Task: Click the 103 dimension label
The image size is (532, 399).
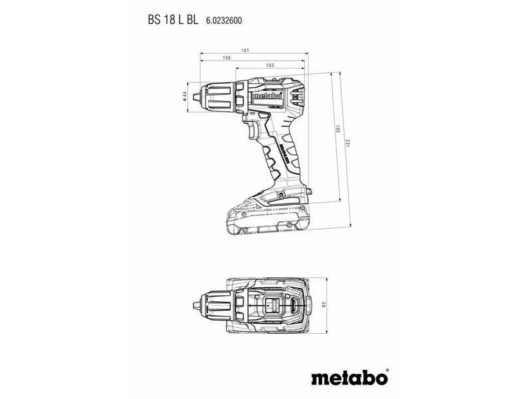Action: pyautogui.click(x=269, y=65)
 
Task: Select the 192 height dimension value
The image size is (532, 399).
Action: pyautogui.click(x=336, y=130)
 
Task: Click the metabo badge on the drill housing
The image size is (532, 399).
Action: pyautogui.click(x=267, y=97)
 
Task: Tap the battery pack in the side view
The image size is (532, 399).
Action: pyautogui.click(x=266, y=216)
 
